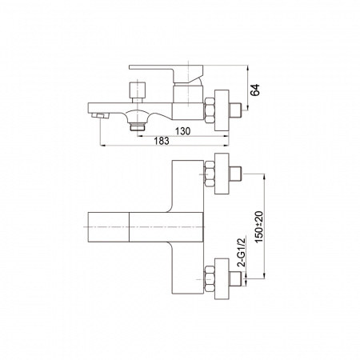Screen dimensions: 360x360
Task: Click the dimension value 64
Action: tap(255, 90)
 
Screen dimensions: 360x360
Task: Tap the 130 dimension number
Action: tap(182, 131)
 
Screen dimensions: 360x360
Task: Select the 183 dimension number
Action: tap(162, 141)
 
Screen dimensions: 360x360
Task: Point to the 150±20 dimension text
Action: tap(258, 227)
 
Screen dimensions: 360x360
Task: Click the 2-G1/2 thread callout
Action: tap(241, 252)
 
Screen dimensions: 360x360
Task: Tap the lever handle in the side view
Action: tap(166, 73)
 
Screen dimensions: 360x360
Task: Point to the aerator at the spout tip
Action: tap(100, 115)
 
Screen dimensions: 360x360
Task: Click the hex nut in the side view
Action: tap(210, 110)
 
